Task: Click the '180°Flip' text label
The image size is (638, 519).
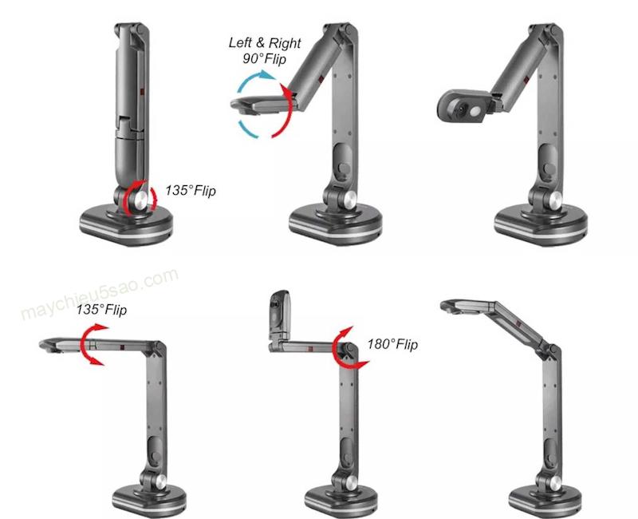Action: point(392,345)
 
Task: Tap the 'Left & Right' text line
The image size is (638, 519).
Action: point(265,43)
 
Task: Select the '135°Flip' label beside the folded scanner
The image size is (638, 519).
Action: point(191,191)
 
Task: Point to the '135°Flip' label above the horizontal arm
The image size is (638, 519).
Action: point(101,310)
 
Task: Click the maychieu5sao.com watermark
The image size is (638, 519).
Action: point(100,293)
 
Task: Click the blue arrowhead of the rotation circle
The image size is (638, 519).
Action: point(267,74)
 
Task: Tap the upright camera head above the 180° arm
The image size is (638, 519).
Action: point(279,315)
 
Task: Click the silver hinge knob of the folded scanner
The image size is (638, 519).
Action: point(141,200)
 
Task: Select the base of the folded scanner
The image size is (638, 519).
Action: point(126,227)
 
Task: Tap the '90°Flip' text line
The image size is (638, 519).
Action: point(265,58)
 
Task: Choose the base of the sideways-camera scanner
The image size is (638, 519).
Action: point(542,226)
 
